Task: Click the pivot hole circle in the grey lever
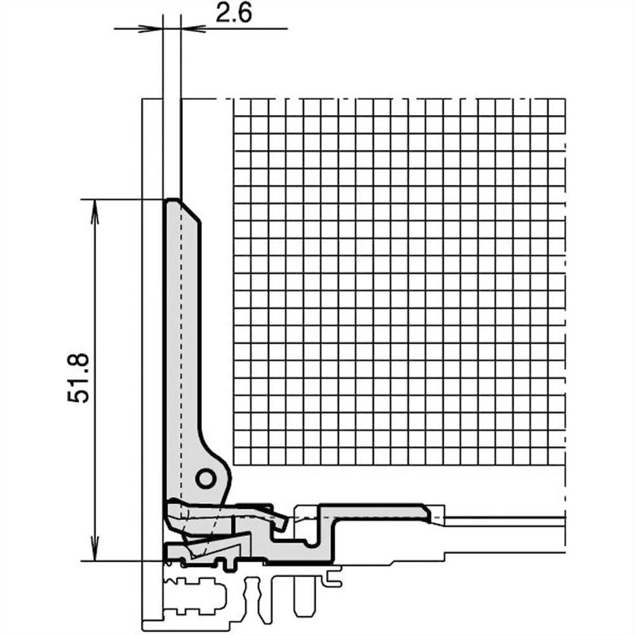point(205,478)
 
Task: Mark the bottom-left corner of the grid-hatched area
point(235,463)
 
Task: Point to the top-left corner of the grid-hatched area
point(235,100)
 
